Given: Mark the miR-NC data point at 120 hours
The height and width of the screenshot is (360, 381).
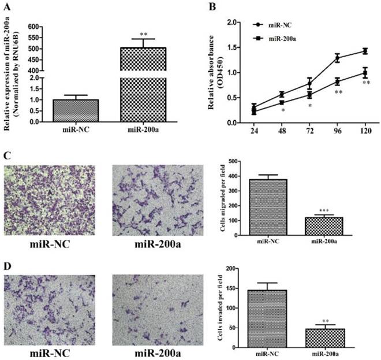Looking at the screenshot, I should (x=365, y=51).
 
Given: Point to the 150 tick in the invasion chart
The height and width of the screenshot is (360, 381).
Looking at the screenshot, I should (x=234, y=288).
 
